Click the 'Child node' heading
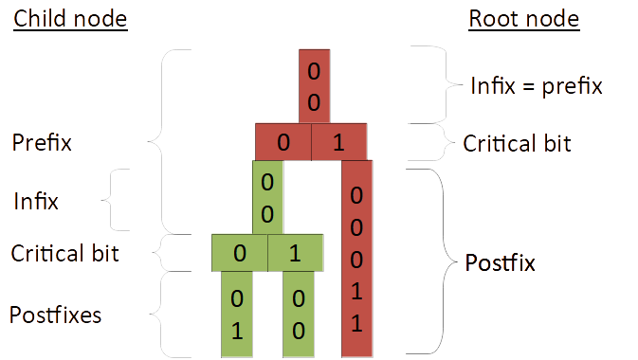(x=70, y=19)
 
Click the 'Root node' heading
(x=524, y=19)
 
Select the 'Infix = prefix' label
(x=537, y=86)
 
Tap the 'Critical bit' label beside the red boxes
(x=517, y=143)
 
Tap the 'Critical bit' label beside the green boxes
(x=65, y=254)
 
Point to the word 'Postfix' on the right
(x=500, y=262)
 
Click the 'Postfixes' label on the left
(x=56, y=314)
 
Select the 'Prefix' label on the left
(x=43, y=143)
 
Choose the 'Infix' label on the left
(x=37, y=201)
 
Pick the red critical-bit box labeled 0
(x=283, y=142)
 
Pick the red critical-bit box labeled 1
(x=338, y=142)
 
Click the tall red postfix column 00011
(x=356, y=259)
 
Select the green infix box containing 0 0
(x=267, y=196)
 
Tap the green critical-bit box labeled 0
(x=239, y=253)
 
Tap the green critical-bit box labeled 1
(x=296, y=253)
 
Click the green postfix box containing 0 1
(x=237, y=315)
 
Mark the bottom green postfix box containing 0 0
(x=298, y=315)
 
